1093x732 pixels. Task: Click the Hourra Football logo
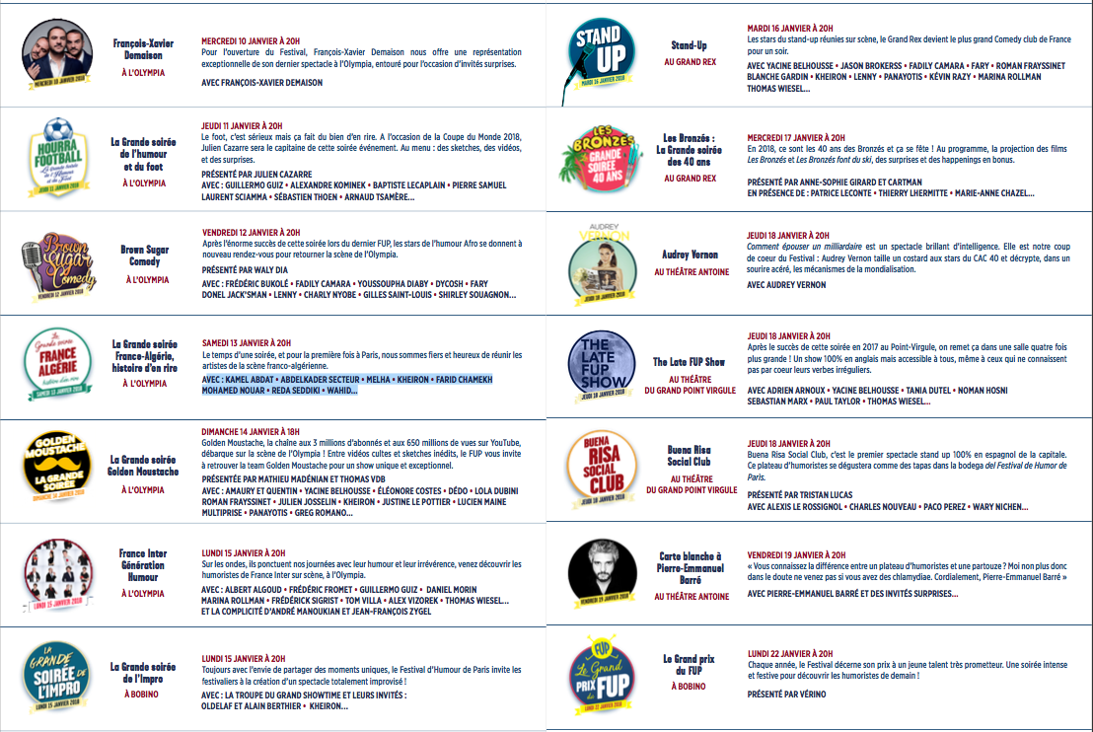[59, 159]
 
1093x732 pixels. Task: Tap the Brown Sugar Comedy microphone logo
[59, 264]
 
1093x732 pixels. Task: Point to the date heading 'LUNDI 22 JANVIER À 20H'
[789, 653]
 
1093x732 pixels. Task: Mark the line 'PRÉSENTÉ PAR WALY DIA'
[244, 269]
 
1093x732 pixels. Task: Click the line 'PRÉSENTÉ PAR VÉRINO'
[786, 695]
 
